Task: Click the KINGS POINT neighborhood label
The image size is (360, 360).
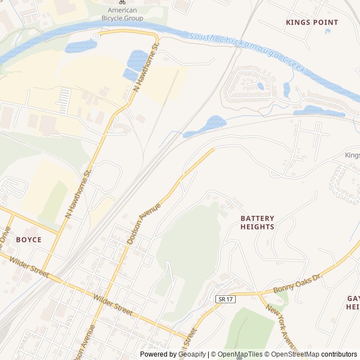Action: point(312,22)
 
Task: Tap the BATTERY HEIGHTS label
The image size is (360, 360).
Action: point(257,222)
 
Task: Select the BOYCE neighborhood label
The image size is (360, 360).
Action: point(29,240)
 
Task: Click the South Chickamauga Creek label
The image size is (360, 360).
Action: point(247,54)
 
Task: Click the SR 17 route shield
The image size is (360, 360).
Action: point(224,299)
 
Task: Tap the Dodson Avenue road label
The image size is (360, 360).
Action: point(143,223)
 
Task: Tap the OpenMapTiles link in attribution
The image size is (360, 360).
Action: point(240,354)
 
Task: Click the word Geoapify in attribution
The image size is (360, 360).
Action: point(192,354)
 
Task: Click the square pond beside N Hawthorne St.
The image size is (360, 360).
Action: point(137,58)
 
